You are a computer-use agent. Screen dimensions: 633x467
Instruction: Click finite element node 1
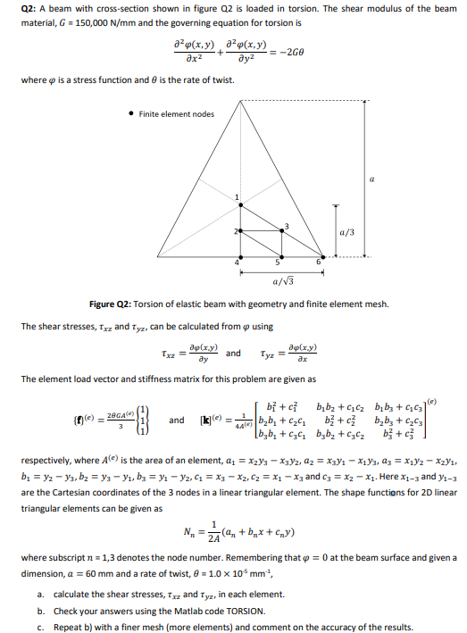click(240, 204)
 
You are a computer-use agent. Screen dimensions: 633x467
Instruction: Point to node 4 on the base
click(240, 256)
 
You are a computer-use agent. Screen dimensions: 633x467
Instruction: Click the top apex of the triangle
click(240, 99)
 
